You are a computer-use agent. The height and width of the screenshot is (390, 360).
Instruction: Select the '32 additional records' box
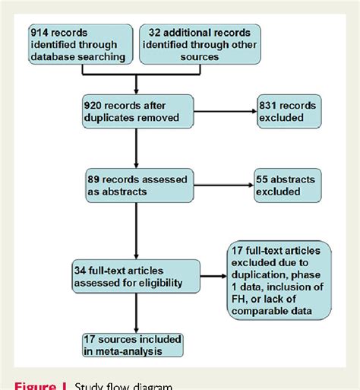tap(199, 43)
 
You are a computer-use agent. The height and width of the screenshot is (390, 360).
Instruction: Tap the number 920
tap(96, 104)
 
